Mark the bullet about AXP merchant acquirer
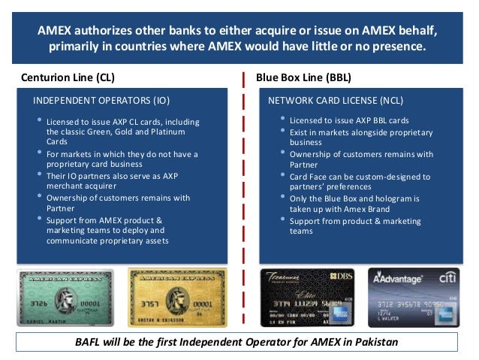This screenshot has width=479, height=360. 113,180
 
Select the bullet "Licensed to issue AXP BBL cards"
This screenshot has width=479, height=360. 349,120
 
